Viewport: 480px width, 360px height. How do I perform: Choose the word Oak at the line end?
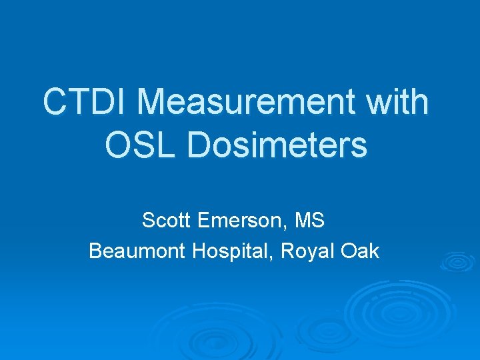[x=360, y=251]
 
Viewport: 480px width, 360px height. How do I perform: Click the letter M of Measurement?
[x=154, y=102]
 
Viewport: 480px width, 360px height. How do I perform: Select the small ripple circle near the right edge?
[x=459, y=263]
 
